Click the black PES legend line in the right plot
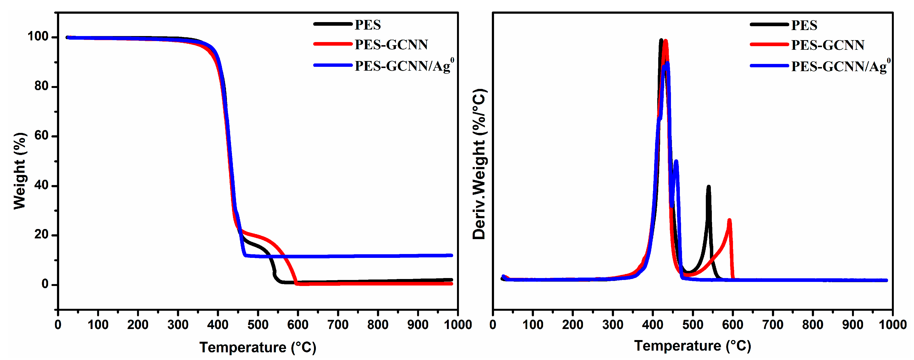(769, 25)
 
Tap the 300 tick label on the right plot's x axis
(612, 324)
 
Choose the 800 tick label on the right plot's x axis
(813, 324)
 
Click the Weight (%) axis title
(20, 171)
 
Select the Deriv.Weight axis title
(479, 164)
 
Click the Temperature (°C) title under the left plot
(258, 347)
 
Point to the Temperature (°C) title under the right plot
(692, 346)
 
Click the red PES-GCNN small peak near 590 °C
(729, 221)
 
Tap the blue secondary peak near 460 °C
(676, 162)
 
